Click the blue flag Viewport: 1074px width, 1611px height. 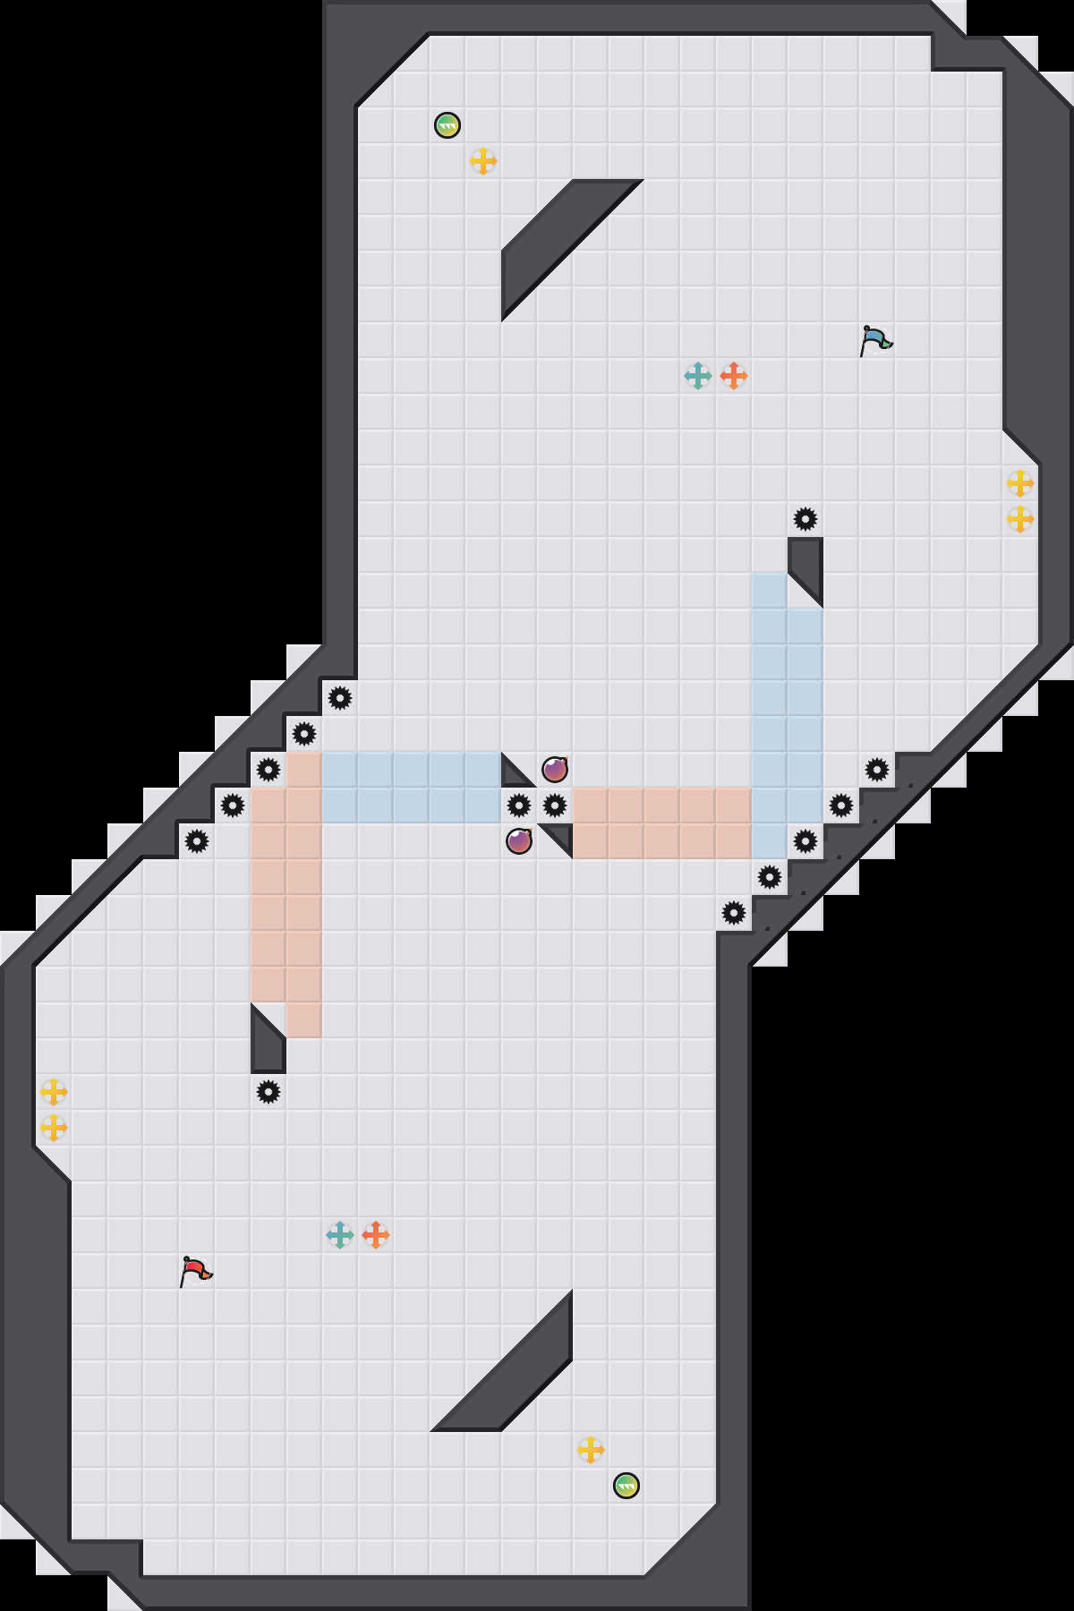(x=875, y=340)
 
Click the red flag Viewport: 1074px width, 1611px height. (x=195, y=1271)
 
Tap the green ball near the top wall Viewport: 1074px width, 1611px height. (x=447, y=125)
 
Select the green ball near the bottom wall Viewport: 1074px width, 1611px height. (x=626, y=1486)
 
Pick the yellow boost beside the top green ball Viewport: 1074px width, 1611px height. (x=483, y=161)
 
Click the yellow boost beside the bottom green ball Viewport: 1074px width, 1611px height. (x=591, y=1450)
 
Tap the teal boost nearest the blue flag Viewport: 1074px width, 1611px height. (x=698, y=376)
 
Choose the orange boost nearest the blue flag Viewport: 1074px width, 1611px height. (x=734, y=376)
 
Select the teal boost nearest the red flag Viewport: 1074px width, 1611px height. (x=340, y=1235)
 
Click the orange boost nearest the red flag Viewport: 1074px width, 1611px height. (x=376, y=1235)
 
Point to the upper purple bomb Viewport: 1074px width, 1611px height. (x=555, y=770)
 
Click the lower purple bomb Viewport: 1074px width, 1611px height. (x=519, y=841)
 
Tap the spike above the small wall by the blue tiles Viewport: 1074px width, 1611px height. (x=805, y=519)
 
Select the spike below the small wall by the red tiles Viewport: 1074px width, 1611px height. (x=268, y=1092)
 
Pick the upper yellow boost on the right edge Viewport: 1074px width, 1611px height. (x=1020, y=483)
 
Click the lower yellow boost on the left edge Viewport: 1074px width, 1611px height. (x=54, y=1128)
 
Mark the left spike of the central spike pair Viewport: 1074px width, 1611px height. (x=519, y=805)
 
